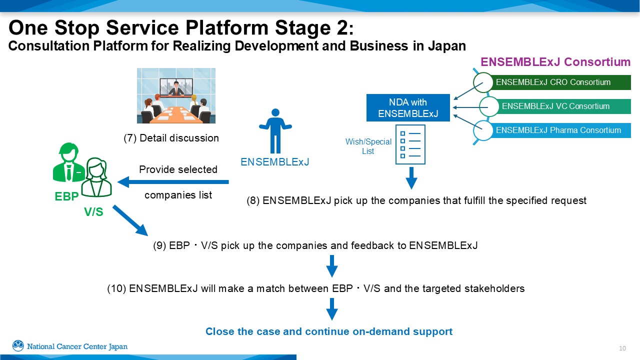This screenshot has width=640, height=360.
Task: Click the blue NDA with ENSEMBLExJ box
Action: click(x=408, y=108)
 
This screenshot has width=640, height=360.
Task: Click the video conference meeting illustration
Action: click(x=176, y=95)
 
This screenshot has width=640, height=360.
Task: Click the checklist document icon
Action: click(x=410, y=144)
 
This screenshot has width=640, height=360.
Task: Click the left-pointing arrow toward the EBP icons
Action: click(x=172, y=182)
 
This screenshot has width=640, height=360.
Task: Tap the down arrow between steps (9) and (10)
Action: click(x=331, y=266)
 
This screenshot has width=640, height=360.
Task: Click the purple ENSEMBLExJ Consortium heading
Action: click(x=555, y=62)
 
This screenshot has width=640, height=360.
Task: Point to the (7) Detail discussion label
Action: click(x=171, y=138)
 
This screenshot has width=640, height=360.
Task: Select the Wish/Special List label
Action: click(x=368, y=146)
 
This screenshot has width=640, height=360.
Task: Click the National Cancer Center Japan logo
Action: click(x=70, y=346)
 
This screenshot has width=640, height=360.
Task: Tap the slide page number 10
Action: click(x=622, y=348)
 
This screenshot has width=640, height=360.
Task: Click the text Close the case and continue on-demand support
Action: click(x=329, y=331)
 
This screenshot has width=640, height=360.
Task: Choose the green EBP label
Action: click(x=66, y=196)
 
